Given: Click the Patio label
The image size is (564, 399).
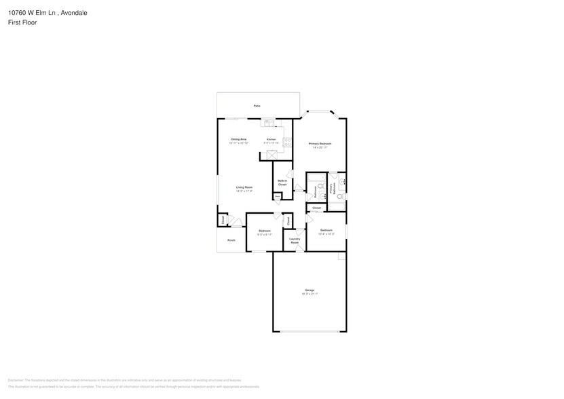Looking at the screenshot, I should (x=257, y=107).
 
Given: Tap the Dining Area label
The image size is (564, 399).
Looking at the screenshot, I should (x=238, y=139).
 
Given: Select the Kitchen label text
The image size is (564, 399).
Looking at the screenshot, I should (x=271, y=139).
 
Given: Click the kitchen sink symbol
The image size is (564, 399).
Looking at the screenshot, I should (x=269, y=123).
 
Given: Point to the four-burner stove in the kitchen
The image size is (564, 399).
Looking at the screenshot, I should (x=288, y=143).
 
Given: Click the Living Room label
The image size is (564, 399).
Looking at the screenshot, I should (x=244, y=187).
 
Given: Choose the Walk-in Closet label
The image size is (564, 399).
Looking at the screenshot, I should (x=282, y=182).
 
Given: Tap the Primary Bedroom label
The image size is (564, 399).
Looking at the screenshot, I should (x=319, y=143).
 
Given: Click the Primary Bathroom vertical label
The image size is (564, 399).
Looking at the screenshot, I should (x=331, y=189).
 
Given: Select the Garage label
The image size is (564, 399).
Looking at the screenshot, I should (x=309, y=290).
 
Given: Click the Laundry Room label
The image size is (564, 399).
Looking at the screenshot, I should (x=295, y=240).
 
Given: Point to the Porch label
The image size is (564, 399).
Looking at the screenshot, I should (x=231, y=240).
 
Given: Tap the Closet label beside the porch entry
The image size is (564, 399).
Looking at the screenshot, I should (x=222, y=220).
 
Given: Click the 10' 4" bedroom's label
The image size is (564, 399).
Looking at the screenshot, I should (x=326, y=231).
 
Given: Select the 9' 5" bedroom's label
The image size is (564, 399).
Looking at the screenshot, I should (x=265, y=231).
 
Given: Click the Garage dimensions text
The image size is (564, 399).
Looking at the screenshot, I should (x=309, y=294).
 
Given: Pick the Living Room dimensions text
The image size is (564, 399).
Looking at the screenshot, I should (x=244, y=191).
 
